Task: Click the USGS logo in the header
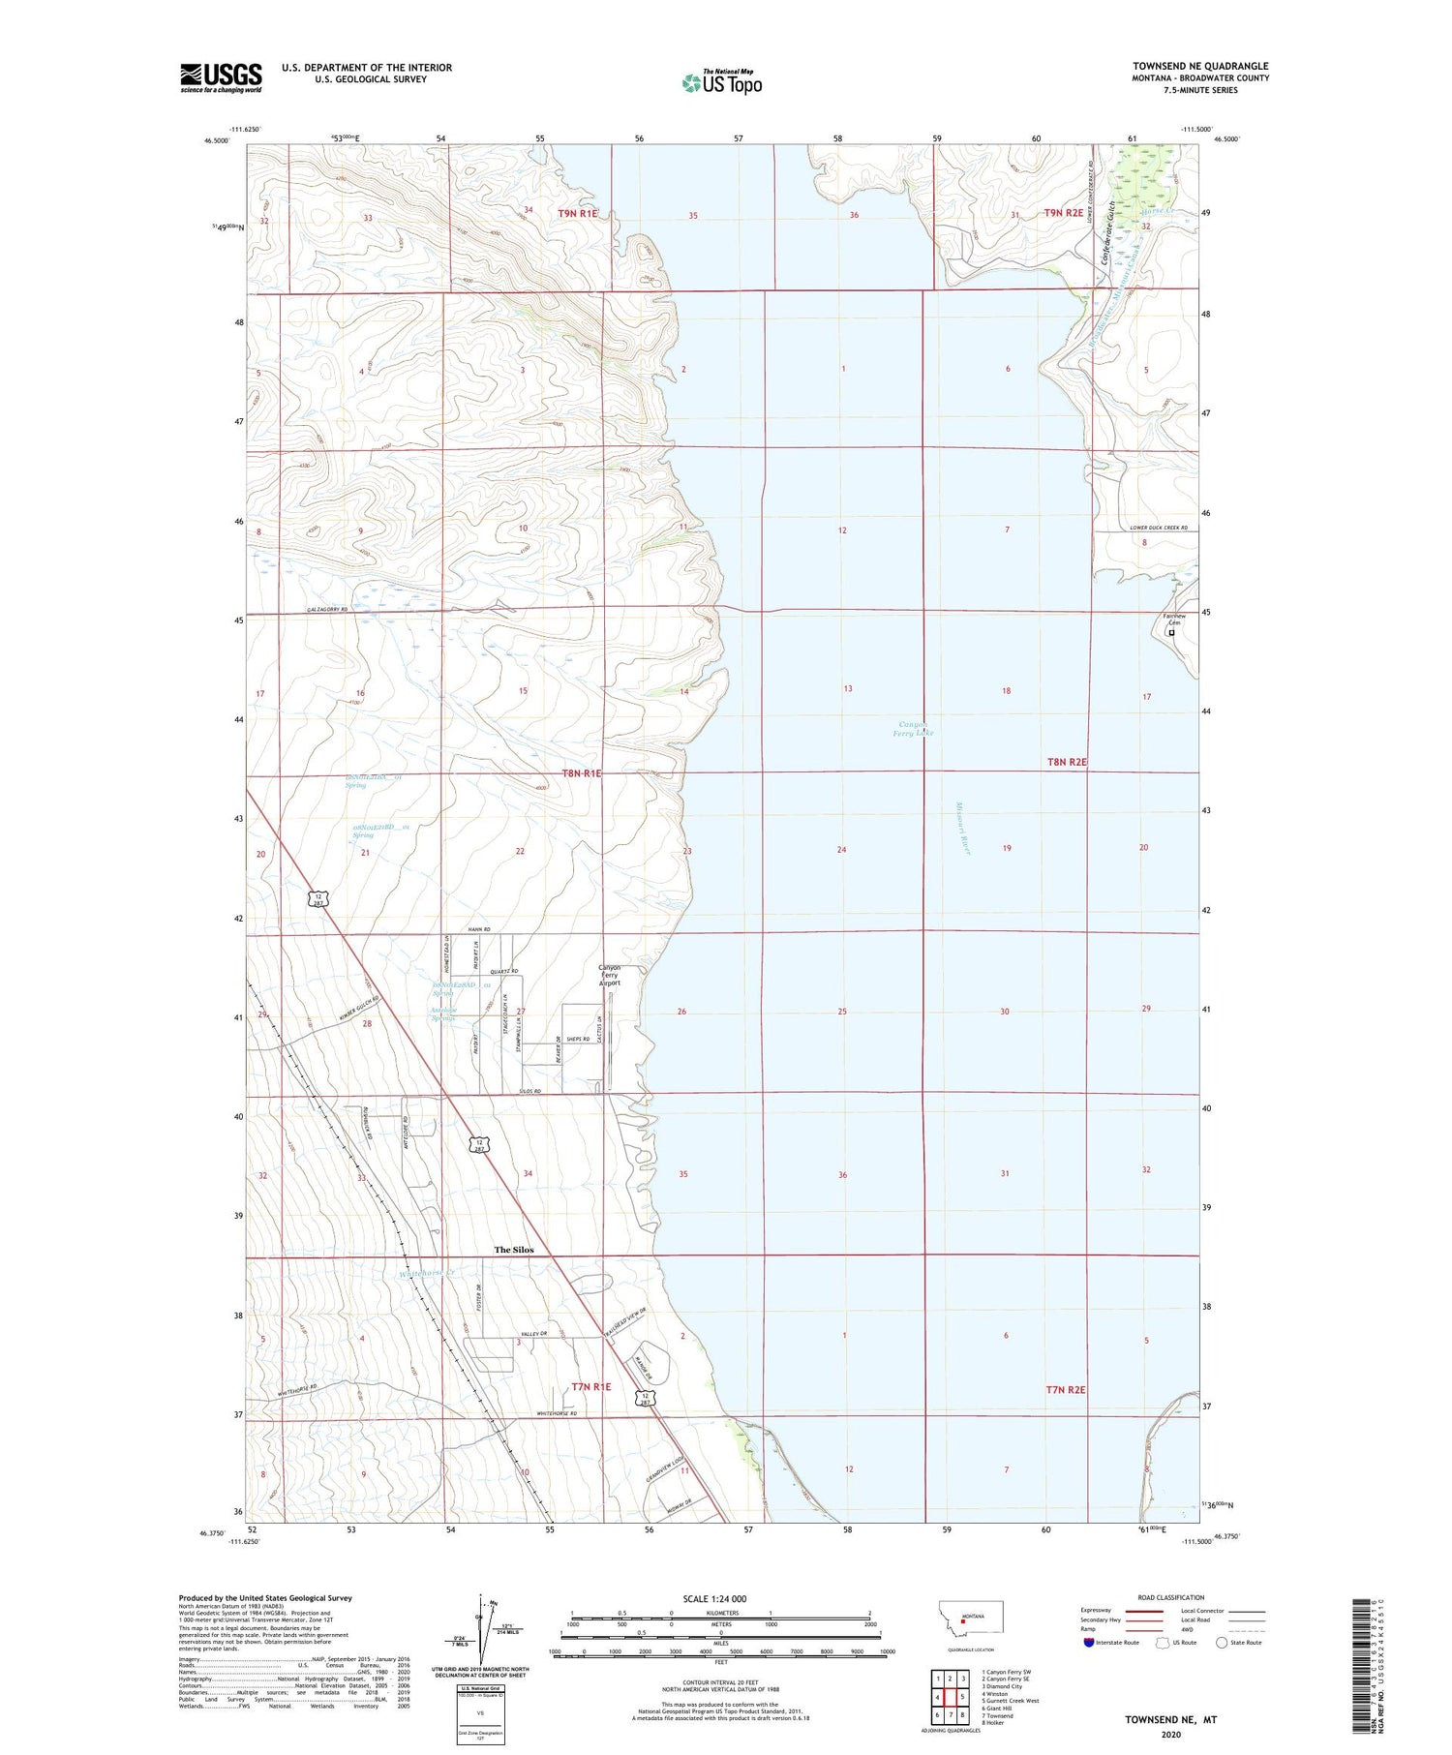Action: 221,77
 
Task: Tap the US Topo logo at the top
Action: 721,82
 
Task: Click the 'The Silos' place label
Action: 513,1250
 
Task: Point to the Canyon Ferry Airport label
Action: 609,975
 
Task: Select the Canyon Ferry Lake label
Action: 912,728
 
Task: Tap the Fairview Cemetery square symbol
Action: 1171,632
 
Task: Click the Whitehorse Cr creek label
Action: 426,1274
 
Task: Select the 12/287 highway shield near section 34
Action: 478,1144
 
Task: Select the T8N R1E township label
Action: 581,772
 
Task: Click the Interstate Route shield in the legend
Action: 1090,1642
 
